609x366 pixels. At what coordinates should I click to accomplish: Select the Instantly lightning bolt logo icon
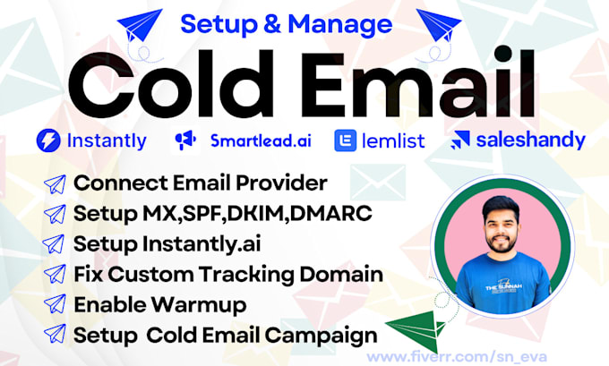point(47,140)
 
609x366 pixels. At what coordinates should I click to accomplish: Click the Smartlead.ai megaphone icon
point(184,140)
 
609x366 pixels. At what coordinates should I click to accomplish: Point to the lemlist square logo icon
point(345,140)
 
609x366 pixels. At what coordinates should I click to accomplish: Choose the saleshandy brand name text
point(530,140)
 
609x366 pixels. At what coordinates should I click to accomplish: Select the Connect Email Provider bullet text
point(201,183)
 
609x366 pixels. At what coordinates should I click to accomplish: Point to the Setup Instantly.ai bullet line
point(168,244)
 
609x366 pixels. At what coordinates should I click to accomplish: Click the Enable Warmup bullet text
point(159,304)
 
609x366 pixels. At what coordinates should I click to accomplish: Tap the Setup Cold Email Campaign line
point(224,335)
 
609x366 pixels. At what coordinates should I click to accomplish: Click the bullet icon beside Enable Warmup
point(56,304)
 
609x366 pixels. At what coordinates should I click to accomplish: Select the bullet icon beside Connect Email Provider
point(56,183)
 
